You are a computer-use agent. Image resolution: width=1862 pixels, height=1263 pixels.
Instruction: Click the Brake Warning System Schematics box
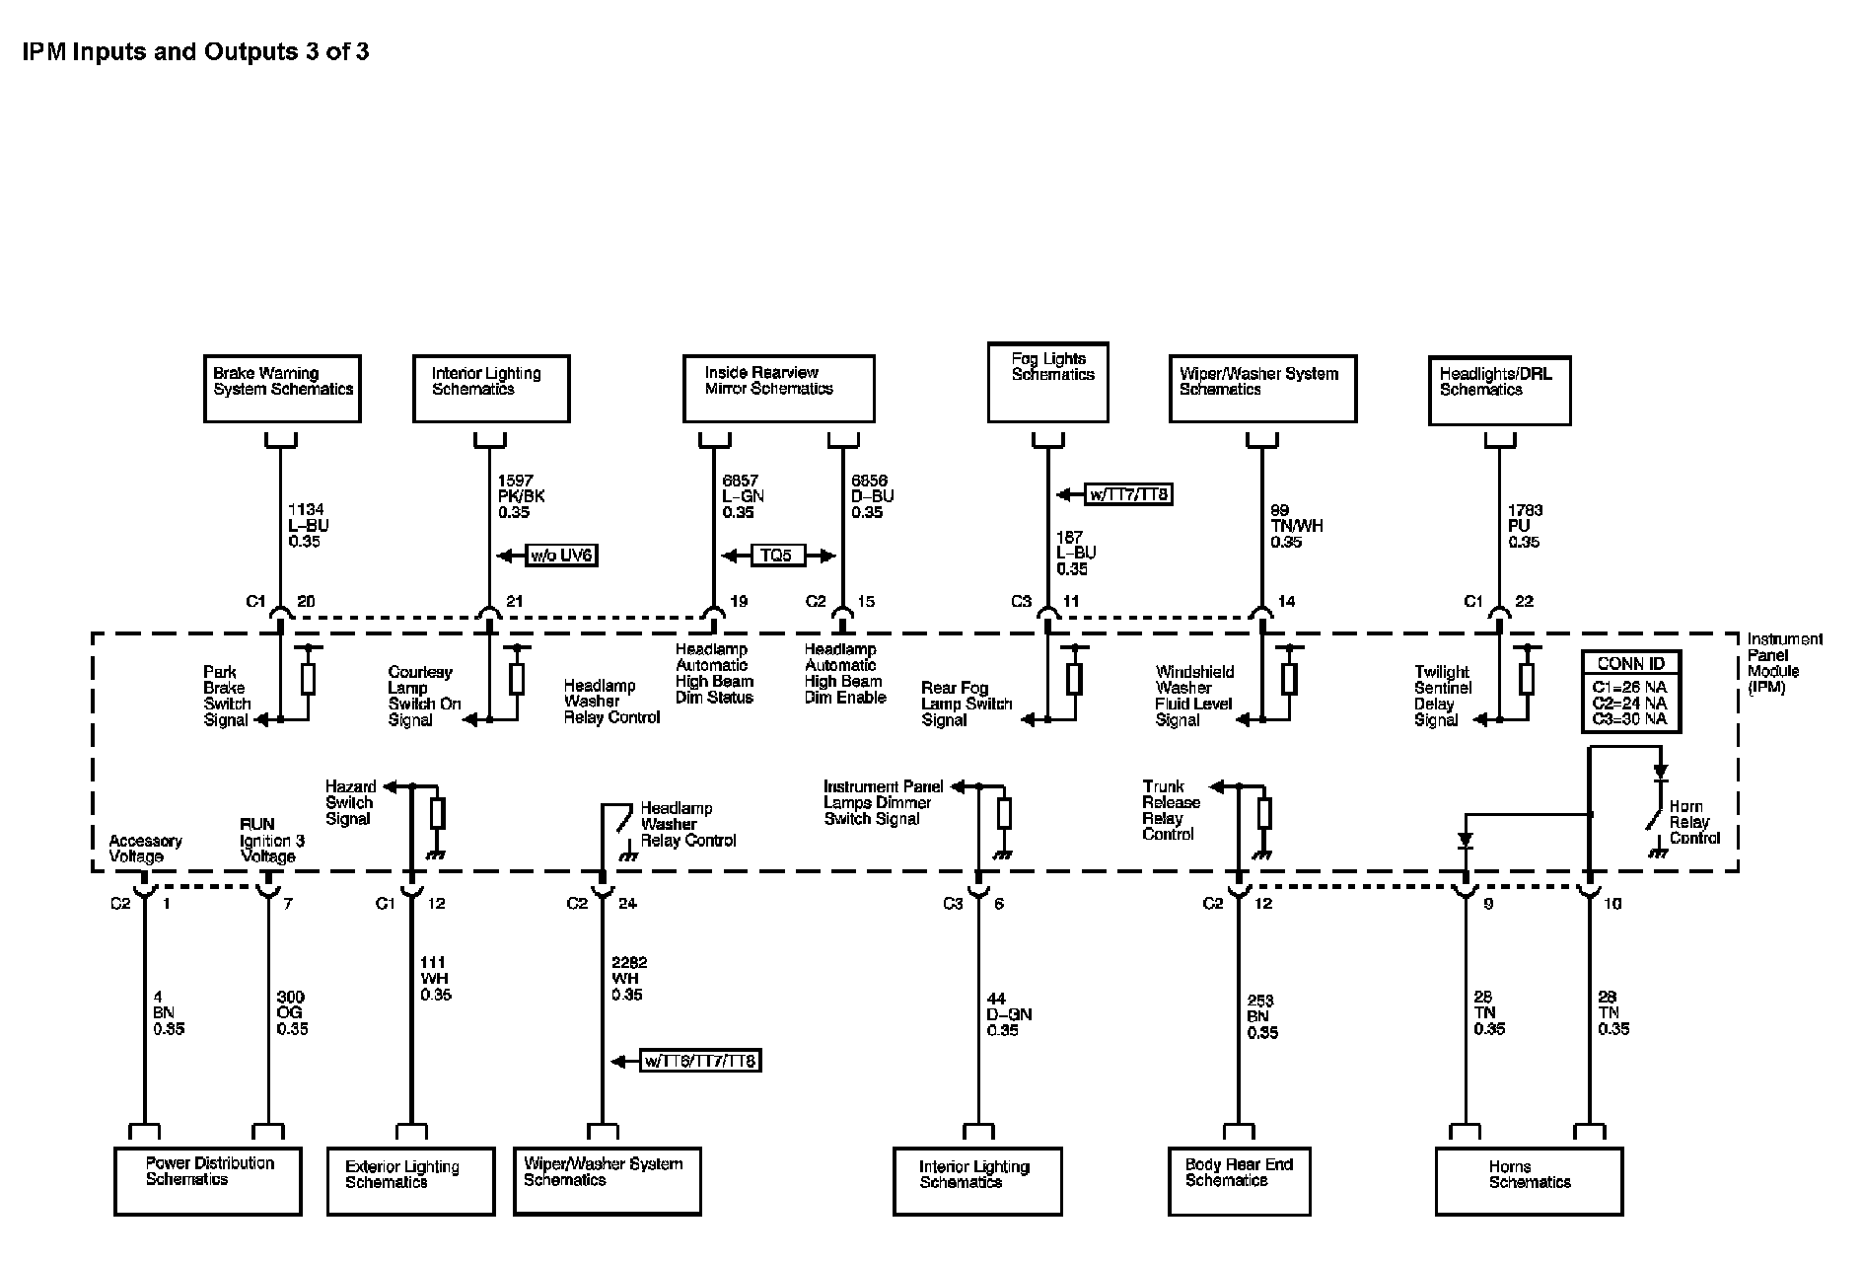(282, 389)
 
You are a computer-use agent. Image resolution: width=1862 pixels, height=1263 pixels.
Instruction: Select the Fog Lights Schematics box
(1047, 382)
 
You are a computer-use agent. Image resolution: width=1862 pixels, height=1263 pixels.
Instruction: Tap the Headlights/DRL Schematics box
(1499, 391)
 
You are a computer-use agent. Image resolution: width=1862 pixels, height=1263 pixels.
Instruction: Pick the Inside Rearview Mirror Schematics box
(778, 389)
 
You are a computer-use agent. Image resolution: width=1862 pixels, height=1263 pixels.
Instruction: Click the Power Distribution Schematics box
(207, 1180)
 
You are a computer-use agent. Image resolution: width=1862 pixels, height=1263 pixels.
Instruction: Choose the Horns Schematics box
(1529, 1181)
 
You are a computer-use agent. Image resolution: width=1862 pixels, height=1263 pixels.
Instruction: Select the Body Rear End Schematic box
(1239, 1180)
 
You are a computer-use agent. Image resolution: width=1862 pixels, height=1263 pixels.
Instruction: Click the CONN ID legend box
(1630, 692)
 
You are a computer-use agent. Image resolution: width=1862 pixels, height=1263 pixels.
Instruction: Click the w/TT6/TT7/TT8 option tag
(700, 1062)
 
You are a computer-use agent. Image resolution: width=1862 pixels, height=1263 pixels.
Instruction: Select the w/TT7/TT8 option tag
(1129, 494)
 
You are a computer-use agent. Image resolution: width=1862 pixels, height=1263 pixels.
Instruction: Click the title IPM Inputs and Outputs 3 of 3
(195, 51)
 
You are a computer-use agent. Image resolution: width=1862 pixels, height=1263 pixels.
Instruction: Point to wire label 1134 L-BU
(306, 525)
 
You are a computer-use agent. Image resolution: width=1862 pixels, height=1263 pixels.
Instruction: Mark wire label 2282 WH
(628, 978)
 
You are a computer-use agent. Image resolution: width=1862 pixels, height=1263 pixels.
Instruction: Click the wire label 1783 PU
(1524, 525)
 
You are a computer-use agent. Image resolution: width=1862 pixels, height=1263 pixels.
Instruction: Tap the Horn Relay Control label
(1694, 822)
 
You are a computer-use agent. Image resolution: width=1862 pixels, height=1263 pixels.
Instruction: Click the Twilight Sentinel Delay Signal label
(1442, 696)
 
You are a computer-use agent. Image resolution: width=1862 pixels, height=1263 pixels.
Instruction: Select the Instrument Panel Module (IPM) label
(1784, 663)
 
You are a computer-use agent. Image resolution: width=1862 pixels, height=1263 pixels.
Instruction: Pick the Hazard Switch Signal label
(350, 802)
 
